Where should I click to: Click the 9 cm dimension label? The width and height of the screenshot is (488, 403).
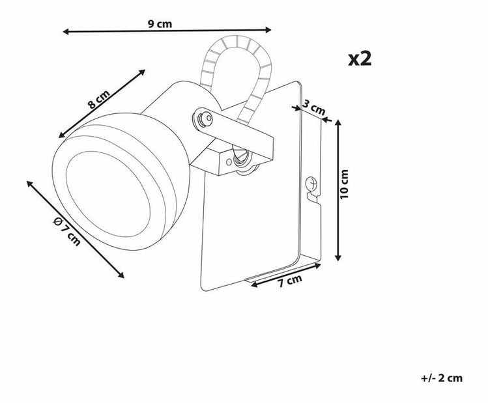point(160,23)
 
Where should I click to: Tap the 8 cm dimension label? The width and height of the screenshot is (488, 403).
point(99,99)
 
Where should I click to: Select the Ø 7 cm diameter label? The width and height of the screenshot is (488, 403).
point(67,231)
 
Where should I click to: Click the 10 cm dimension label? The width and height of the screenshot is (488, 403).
point(345,184)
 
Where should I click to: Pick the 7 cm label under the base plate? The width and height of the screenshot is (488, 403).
point(290,281)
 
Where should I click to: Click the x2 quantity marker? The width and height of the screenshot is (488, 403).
point(360,59)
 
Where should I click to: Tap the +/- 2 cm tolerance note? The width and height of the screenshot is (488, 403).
point(442,378)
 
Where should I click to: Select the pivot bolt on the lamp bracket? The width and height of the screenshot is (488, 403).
point(203,118)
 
